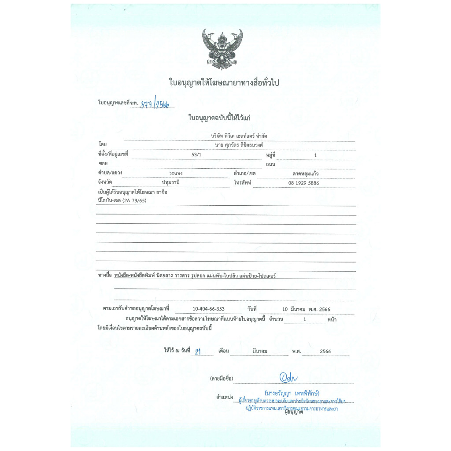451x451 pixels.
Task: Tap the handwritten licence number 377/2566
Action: [156, 104]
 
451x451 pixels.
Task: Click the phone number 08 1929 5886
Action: [303, 183]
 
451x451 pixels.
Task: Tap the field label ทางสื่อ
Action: [104, 275]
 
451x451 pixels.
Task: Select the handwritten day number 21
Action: [198, 351]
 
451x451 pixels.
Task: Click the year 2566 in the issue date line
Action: [325, 351]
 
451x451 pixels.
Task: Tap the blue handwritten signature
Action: [289, 377]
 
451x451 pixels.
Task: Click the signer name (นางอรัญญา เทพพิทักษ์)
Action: [292, 392]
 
